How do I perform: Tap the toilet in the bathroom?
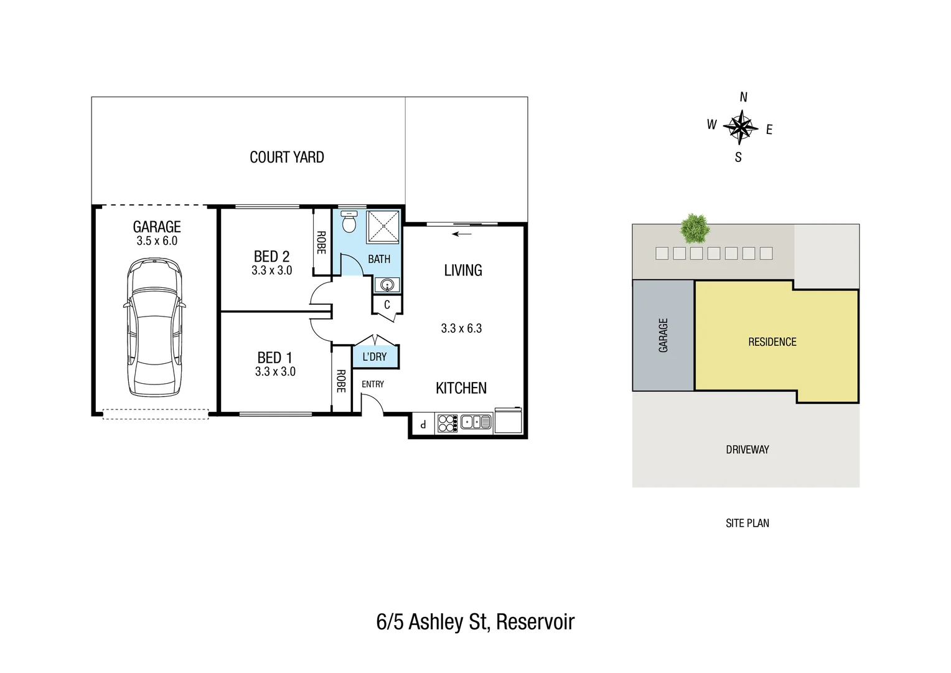350,222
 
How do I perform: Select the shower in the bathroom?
382,226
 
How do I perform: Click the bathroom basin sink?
388,285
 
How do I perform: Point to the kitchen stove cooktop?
447,423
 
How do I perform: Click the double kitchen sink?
476,422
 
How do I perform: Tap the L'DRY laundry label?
374,356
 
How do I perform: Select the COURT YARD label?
287,157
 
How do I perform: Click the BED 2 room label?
271,256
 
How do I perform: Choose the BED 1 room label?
274,358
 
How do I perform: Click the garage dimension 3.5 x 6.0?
157,241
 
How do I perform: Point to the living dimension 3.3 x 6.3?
461,328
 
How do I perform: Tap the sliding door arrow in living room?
461,234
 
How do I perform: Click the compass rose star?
741,127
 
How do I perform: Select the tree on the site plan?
695,229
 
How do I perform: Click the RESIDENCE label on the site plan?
772,342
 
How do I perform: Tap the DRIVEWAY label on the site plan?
747,449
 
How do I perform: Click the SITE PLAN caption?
747,523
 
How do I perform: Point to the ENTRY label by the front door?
373,384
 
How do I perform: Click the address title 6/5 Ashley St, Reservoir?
475,622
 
